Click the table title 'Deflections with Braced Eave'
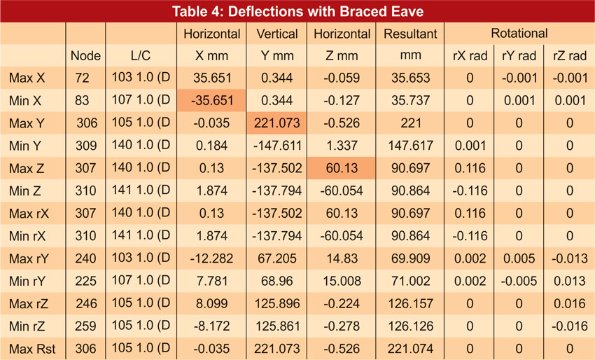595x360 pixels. click(297, 11)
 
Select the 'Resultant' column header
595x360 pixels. click(410, 34)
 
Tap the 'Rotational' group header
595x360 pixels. click(519, 34)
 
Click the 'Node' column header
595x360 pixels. click(86, 56)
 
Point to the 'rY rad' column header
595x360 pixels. click(519, 56)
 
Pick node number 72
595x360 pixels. click(85, 78)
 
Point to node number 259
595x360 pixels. click(85, 326)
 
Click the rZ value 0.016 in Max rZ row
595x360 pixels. click(568, 304)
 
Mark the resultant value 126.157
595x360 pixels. click(410, 304)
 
